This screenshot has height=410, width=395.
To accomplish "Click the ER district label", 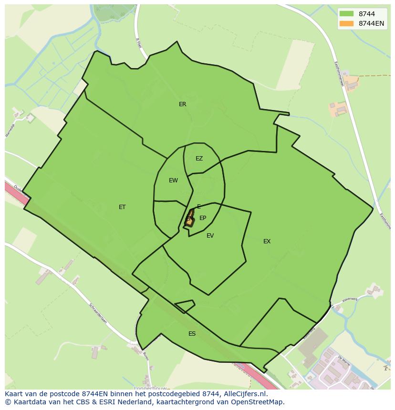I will point(182,104).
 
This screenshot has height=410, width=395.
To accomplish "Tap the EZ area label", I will point(199,159).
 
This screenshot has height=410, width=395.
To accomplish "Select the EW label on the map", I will point(173,180).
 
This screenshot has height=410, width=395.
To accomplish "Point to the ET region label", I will point(122,207).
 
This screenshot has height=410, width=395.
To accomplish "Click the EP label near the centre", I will point(203,218).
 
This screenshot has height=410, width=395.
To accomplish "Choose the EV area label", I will point(210,236).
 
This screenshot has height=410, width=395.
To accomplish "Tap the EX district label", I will point(267,241).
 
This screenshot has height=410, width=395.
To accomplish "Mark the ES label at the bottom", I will point(192,334).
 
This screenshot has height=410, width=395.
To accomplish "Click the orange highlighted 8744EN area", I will point(190,220).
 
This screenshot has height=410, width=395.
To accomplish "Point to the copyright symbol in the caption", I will point(7,402).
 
